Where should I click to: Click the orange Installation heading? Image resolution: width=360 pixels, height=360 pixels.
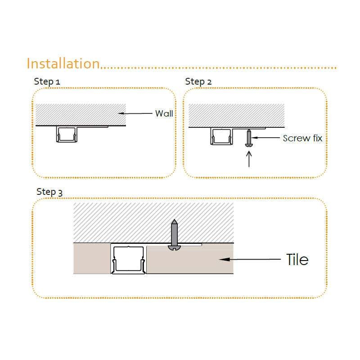tap(63, 63)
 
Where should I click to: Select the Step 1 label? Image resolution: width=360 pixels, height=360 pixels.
tap(47, 81)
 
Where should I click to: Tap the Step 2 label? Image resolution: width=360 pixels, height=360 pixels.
tap(198, 81)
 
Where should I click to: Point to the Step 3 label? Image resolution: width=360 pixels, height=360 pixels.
tap(49, 192)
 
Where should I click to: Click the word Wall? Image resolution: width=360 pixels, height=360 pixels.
tap(164, 113)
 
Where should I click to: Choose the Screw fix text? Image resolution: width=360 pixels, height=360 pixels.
tap(302, 138)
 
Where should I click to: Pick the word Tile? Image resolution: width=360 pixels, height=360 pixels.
tap(297, 260)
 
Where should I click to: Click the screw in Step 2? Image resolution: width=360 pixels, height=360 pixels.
tap(249, 138)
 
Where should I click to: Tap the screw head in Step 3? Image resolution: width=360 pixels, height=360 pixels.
tap(174, 247)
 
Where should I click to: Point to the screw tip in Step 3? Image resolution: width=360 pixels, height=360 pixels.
tap(175, 220)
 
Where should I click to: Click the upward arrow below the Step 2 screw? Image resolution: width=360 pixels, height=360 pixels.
tap(249, 159)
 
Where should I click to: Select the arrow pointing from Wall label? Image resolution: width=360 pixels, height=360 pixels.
tap(135, 113)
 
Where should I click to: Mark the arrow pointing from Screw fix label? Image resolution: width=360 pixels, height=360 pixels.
tap(265, 138)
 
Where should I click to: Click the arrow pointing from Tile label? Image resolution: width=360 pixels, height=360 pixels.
tap(250, 259)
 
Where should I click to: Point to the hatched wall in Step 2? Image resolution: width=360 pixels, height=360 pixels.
tap(237, 115)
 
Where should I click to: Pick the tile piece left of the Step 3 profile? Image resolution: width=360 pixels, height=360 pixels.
tap(92, 258)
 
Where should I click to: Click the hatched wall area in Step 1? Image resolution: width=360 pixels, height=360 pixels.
tap(81, 115)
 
